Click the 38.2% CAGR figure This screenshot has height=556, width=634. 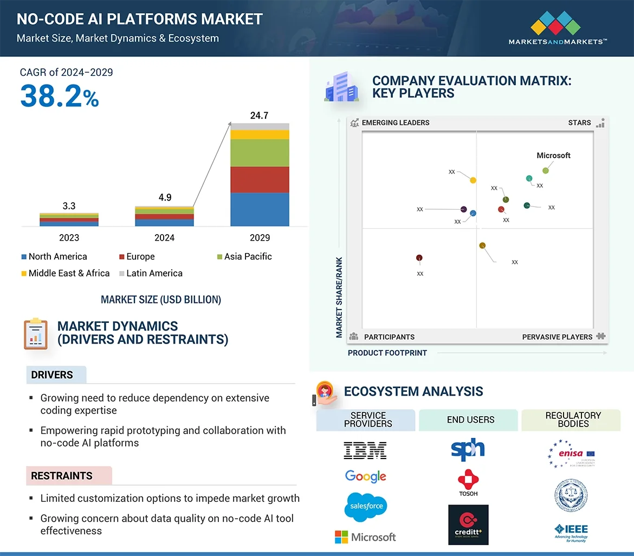pos(60,95)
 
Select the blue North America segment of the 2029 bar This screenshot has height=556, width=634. pos(260,209)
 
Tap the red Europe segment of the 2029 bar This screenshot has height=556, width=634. pos(260,179)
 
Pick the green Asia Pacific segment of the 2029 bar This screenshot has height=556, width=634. pos(260,153)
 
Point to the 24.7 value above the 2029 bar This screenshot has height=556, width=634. pos(259,115)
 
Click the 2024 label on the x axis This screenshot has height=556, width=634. pos(164,237)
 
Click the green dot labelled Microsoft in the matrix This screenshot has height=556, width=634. pos(546,171)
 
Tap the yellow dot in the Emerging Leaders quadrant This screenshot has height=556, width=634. pos(473,180)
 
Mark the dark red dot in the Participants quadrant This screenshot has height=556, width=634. pos(419,258)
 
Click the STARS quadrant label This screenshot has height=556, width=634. pos(579,122)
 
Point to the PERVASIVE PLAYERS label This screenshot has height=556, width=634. pos(557,337)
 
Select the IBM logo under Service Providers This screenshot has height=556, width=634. pos(365,450)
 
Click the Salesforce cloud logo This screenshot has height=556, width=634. pos(366,506)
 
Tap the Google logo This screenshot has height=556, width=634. pos(366,476)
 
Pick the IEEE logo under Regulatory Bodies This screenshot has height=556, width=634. pos(571,532)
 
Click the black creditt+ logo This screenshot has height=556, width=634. pos(468,525)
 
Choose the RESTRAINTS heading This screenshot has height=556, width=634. pos(62,476)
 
